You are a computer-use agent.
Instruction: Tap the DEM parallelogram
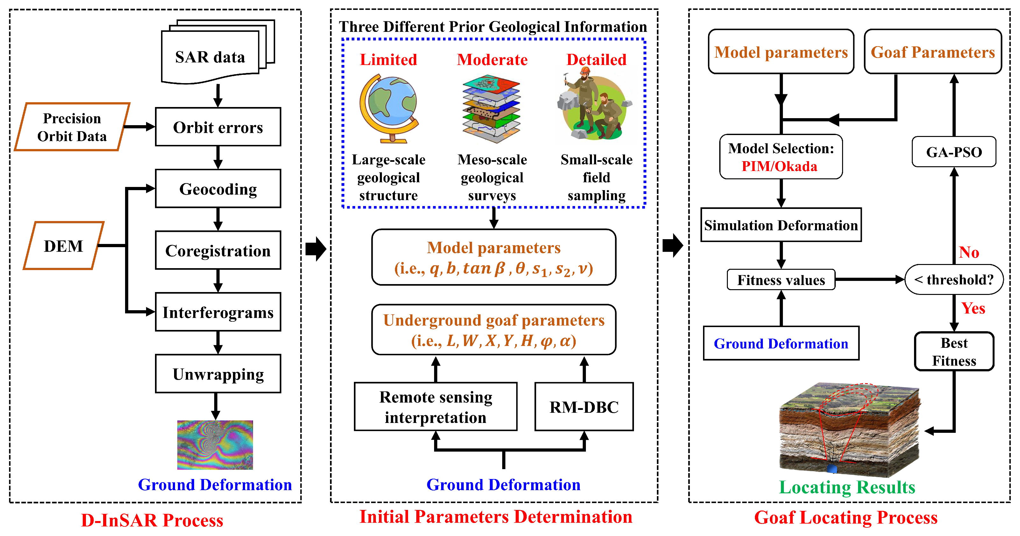click(x=64, y=246)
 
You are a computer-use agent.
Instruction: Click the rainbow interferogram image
click(x=215, y=445)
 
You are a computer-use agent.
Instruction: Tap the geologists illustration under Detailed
click(x=594, y=105)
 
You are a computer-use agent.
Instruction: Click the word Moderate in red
click(x=492, y=60)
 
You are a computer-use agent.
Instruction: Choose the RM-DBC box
click(x=584, y=407)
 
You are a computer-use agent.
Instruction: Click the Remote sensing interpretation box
click(x=436, y=407)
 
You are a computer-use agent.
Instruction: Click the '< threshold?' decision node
click(x=954, y=280)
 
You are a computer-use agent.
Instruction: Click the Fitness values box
click(x=781, y=280)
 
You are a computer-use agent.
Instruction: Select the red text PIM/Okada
click(x=779, y=166)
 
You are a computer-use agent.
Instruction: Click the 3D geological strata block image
click(x=849, y=430)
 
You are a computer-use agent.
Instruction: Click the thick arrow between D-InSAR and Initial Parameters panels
click(x=316, y=249)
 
